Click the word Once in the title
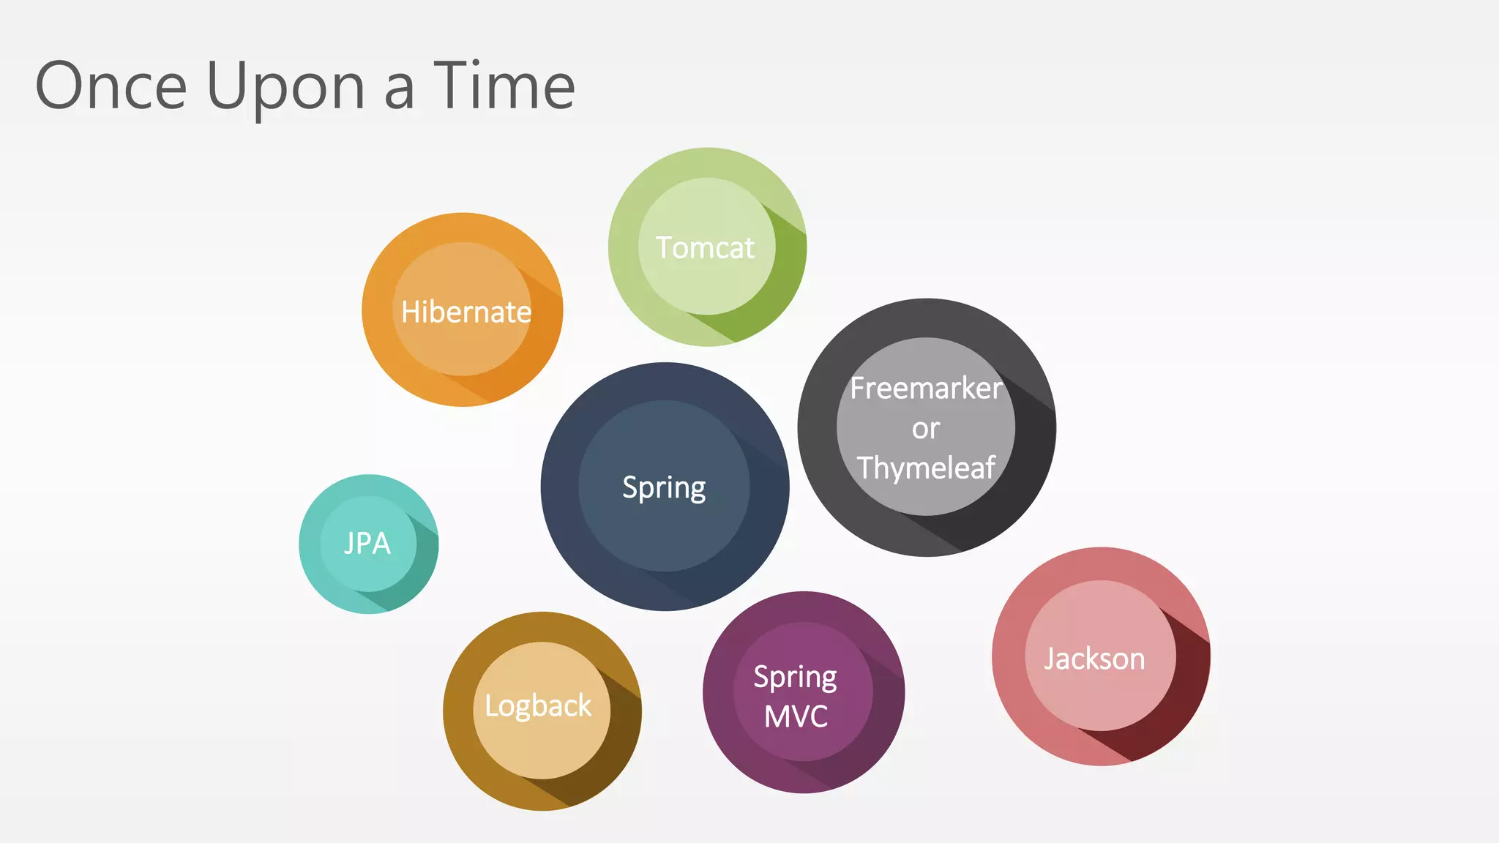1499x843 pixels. coord(111,86)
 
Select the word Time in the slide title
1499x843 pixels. coord(504,86)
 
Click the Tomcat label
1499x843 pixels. coord(705,248)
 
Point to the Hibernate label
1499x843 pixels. coord(466,312)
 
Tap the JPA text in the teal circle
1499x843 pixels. coord(367,544)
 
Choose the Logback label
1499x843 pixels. coord(538,706)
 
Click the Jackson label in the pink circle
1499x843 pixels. coord(1094,659)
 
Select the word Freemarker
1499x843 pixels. coord(926,389)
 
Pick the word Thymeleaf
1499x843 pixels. coord(926,468)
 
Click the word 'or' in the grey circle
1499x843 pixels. coord(926,429)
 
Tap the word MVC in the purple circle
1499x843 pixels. coord(796,716)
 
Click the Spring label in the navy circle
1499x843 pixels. coord(664,487)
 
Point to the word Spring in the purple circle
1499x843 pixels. coord(796,677)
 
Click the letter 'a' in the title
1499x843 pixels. coord(399,91)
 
